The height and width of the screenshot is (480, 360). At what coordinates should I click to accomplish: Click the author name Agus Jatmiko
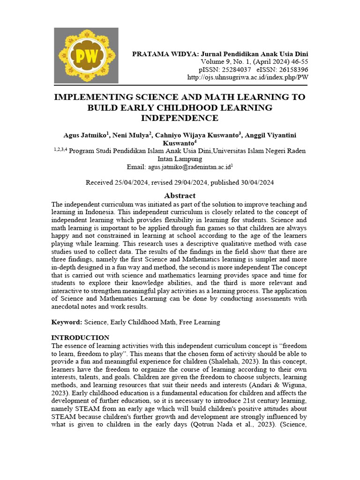85,135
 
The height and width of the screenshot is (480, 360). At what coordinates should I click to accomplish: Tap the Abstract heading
180,195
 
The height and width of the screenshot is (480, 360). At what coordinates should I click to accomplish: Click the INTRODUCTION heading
80,337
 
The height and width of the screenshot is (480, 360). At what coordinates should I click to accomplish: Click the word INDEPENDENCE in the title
180,118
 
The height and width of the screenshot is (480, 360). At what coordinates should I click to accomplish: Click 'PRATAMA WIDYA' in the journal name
159,53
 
